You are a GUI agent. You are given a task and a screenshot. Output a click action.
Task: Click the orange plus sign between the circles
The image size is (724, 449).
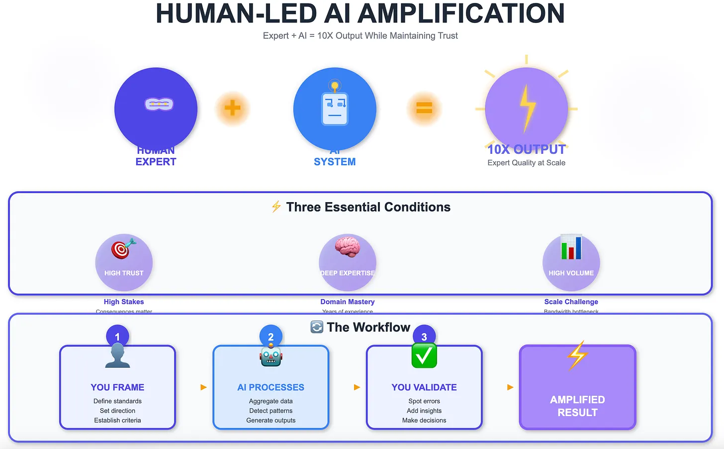[232, 108]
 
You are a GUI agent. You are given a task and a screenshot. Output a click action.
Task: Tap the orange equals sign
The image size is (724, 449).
[424, 108]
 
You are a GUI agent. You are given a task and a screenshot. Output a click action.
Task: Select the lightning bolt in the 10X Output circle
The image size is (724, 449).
[527, 108]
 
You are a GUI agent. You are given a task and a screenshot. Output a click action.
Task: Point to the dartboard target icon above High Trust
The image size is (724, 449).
[123, 248]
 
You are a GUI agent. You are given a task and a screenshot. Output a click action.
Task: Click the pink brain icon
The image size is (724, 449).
[347, 246]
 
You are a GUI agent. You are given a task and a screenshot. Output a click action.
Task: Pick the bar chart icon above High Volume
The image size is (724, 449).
[571, 247]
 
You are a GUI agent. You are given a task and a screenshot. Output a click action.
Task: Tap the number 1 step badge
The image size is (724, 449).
[117, 337]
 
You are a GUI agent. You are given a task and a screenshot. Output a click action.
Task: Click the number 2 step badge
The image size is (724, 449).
[271, 337]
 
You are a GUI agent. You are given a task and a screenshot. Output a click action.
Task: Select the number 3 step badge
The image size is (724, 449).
[424, 337]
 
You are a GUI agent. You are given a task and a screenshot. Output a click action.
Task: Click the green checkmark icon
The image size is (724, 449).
[424, 355]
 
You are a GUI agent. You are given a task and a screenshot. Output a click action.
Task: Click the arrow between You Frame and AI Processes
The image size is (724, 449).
[203, 387]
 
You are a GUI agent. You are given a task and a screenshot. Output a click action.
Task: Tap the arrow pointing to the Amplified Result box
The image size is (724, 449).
[510, 387]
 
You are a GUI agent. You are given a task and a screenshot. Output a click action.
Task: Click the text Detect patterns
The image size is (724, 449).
[271, 411]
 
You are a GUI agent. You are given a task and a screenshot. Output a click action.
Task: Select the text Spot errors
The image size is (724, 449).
[424, 401]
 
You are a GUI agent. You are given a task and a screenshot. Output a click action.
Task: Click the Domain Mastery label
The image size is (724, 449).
[348, 302]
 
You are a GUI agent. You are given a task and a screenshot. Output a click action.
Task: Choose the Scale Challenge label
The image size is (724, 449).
[571, 302]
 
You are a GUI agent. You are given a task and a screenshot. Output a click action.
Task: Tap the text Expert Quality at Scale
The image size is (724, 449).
[526, 163]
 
